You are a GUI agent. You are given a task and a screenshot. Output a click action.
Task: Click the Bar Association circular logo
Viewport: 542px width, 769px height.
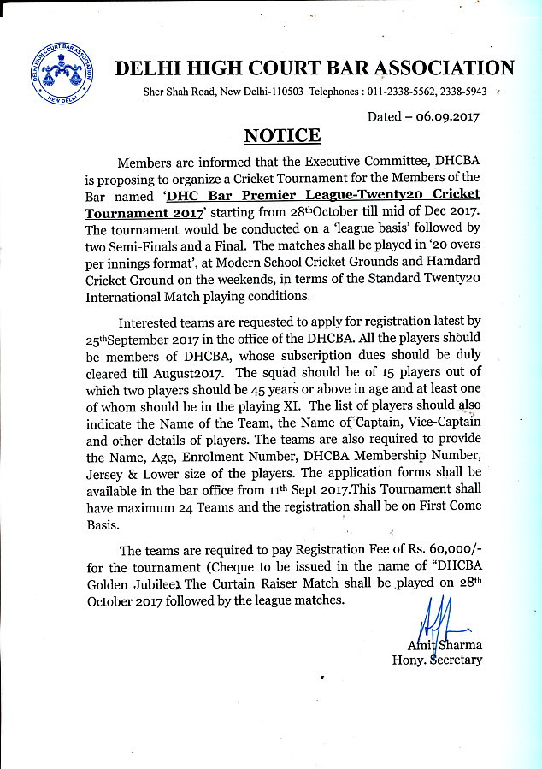point(61,72)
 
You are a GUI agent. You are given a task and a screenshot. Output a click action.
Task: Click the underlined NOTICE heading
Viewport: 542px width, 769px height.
point(282,135)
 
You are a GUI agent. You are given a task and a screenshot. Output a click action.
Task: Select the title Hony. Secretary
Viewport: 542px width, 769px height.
point(437,660)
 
